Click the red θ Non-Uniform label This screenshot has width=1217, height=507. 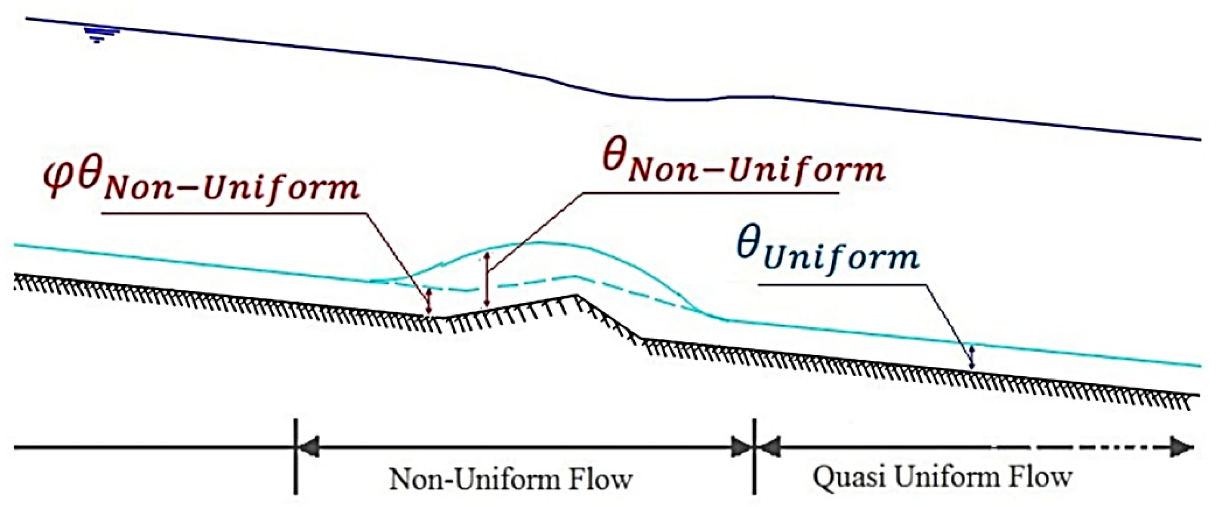coord(744,165)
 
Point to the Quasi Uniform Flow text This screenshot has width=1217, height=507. coord(942,477)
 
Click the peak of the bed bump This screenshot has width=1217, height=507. coord(576,296)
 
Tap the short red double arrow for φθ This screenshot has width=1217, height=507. coord(429,301)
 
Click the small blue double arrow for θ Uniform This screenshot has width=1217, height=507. coord(971,357)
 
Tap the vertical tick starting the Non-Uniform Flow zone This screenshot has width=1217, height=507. coord(296,456)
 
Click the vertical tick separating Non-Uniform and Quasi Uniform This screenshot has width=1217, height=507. coord(754,456)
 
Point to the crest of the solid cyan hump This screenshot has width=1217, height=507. coord(534,243)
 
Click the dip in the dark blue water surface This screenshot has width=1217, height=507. coord(671,100)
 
